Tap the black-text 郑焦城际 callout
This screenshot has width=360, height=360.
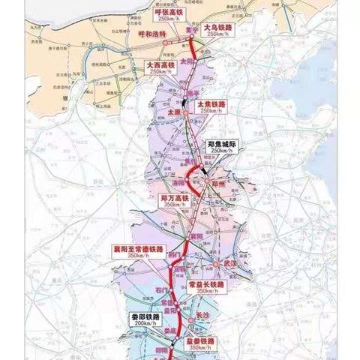click(226, 145)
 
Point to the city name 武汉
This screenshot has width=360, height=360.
click(229, 265)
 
